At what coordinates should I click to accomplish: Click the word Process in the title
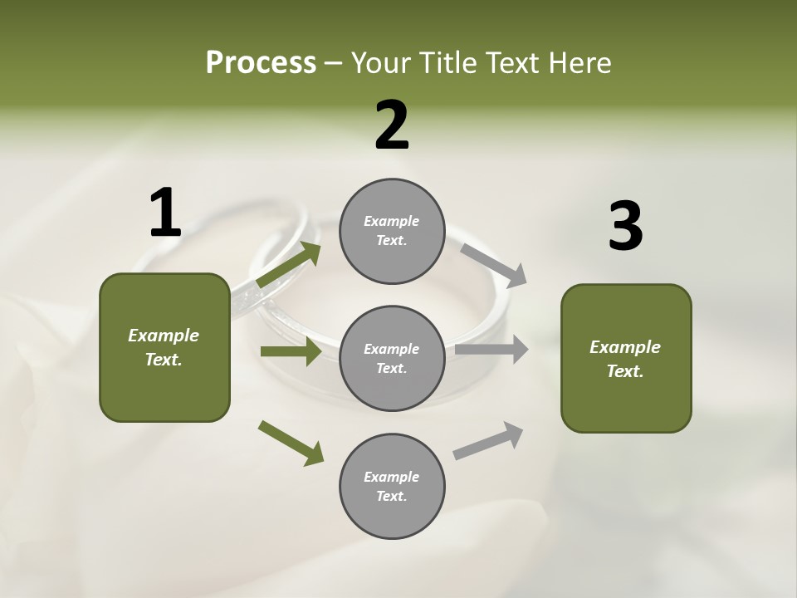(x=261, y=63)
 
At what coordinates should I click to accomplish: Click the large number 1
(x=165, y=213)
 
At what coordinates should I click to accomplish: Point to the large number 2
(x=392, y=125)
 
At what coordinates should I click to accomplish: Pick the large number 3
(x=625, y=227)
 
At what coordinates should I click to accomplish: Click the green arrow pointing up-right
(x=289, y=265)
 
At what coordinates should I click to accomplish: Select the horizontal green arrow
(x=291, y=351)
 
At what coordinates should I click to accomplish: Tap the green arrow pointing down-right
(x=291, y=443)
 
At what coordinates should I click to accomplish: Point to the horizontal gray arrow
(x=491, y=350)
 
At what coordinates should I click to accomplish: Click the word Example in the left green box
(x=164, y=336)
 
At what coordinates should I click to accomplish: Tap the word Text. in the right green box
(x=625, y=371)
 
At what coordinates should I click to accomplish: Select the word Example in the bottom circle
(x=392, y=477)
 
